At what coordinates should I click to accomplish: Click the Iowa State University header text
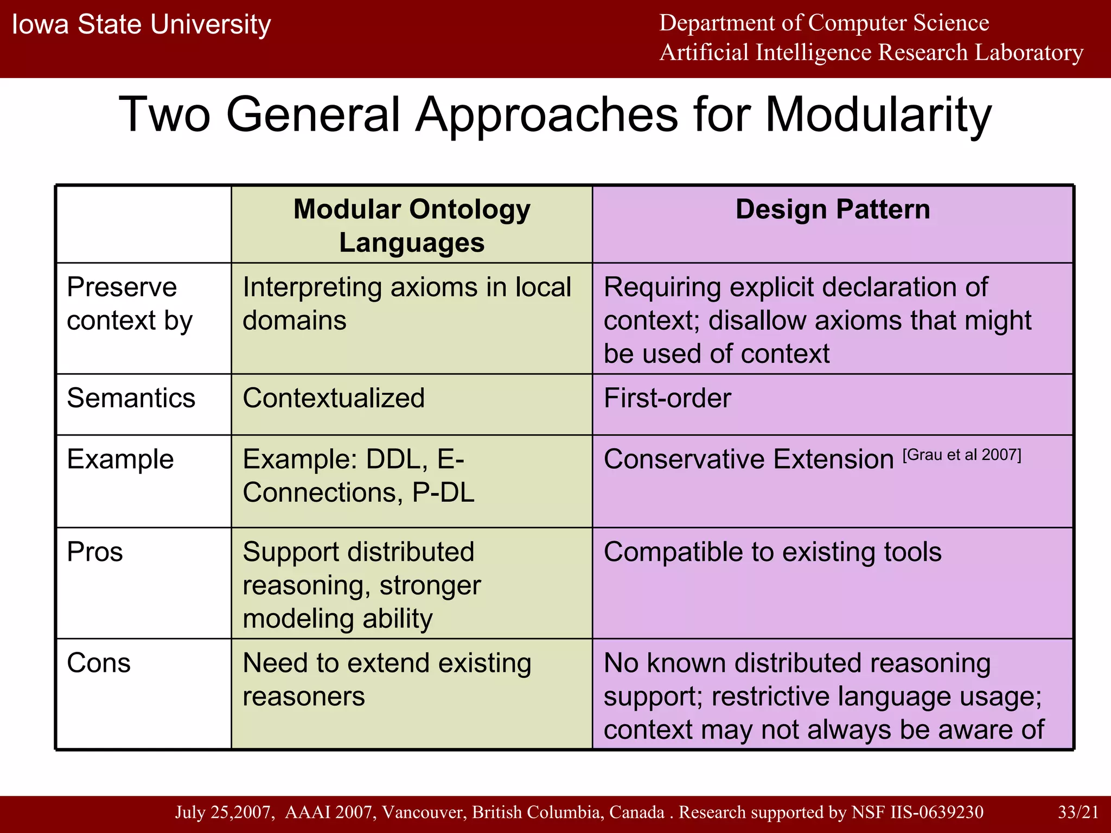click(x=141, y=25)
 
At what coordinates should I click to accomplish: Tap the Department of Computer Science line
click(x=823, y=23)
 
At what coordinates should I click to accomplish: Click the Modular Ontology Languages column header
click(x=412, y=225)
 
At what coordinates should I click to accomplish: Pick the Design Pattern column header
click(x=832, y=210)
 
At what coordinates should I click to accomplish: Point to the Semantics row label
click(x=131, y=398)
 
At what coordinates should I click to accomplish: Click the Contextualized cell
click(x=334, y=398)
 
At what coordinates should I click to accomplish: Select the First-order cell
click(x=667, y=398)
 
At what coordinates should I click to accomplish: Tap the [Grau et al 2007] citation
click(x=961, y=454)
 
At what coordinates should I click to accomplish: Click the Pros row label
click(x=95, y=552)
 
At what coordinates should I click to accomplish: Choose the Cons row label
click(x=99, y=663)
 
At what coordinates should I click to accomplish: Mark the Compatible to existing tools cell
click(x=772, y=552)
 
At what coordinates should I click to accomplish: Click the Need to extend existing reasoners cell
click(x=386, y=679)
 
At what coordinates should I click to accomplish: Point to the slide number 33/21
click(x=1078, y=812)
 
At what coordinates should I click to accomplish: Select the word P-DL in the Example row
click(x=443, y=492)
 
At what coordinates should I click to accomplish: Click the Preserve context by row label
click(x=129, y=304)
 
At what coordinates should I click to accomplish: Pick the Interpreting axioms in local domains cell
click(x=406, y=304)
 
